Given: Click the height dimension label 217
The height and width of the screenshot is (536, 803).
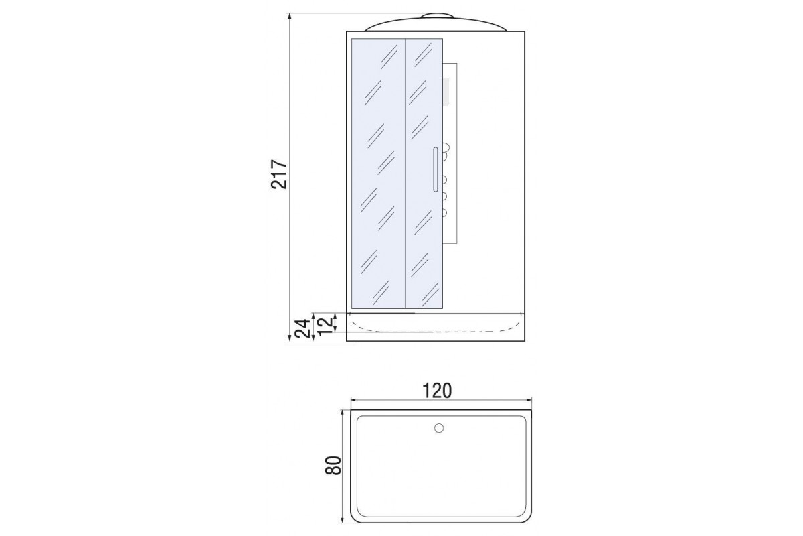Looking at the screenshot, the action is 279,174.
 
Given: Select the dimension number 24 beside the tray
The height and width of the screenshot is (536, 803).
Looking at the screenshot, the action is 302,328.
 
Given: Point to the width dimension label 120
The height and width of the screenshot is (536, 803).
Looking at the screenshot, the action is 437,391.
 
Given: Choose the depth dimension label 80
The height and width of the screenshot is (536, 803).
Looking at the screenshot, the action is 333,465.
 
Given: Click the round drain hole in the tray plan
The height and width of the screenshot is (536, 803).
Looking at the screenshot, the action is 439,428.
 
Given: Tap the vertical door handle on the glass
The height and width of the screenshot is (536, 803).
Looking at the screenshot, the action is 436,169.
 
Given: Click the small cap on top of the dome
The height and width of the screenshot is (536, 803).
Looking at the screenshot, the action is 437,16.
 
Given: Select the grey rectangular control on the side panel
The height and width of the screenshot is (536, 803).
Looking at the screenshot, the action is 446,92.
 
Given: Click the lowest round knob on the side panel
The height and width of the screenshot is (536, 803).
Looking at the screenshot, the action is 445,213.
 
